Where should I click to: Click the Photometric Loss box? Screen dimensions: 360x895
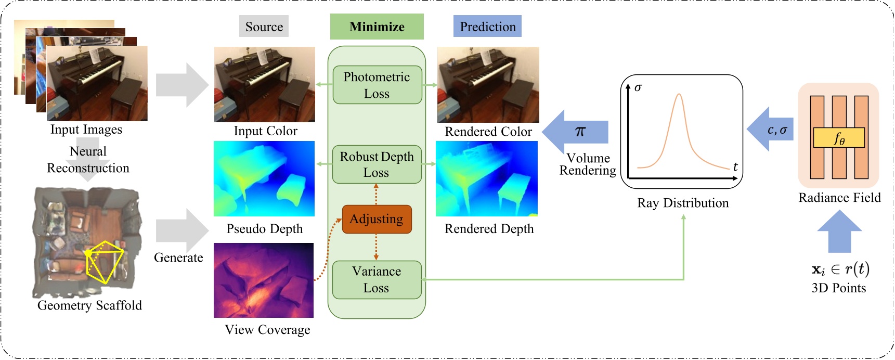(377, 85)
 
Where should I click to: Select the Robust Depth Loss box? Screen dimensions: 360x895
(377, 164)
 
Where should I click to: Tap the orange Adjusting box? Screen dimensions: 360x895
(377, 219)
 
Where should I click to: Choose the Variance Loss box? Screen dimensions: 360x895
(377, 280)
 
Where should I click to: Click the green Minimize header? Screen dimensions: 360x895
(377, 27)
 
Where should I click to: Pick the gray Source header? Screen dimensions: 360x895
(264, 27)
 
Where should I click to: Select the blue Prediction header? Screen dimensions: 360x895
(487, 27)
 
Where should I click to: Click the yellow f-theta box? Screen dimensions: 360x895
(838, 138)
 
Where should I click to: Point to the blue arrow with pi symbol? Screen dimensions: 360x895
(576, 132)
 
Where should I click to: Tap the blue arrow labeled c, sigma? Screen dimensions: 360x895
(771, 130)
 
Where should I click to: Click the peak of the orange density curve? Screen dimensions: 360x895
(678, 95)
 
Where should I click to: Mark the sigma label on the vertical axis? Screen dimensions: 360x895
(638, 87)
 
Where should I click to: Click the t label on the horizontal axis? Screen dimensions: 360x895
(735, 167)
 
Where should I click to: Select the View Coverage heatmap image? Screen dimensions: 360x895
(264, 280)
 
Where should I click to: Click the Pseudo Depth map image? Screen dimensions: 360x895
(264, 178)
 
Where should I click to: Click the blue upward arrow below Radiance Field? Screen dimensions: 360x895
(839, 232)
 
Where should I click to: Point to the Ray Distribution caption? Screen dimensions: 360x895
(683, 203)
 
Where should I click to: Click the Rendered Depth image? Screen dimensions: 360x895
(486, 178)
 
